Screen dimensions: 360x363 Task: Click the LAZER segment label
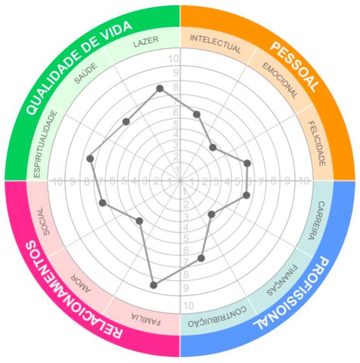coord(146,42)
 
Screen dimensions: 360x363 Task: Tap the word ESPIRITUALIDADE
coord(45,144)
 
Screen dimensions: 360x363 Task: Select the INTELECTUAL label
coord(215,44)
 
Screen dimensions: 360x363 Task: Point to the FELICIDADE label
coord(317,144)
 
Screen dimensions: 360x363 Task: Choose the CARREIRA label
coord(317,220)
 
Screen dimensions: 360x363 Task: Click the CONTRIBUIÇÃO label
coord(217,317)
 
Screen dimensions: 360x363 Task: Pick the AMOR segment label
coord(81,283)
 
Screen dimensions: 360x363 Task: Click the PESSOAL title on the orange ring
coord(294,67)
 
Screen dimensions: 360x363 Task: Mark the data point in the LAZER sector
coord(160,88)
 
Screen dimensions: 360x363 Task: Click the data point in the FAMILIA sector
coord(153,285)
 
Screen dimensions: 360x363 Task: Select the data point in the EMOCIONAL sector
coord(213,148)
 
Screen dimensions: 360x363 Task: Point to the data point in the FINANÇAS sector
coord(211,214)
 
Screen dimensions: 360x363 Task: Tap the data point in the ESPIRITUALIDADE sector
coord(90,159)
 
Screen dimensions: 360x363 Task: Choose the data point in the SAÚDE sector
coord(126,121)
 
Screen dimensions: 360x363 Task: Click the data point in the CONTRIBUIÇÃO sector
coord(201,258)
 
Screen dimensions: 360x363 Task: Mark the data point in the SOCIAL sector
coord(102,203)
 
